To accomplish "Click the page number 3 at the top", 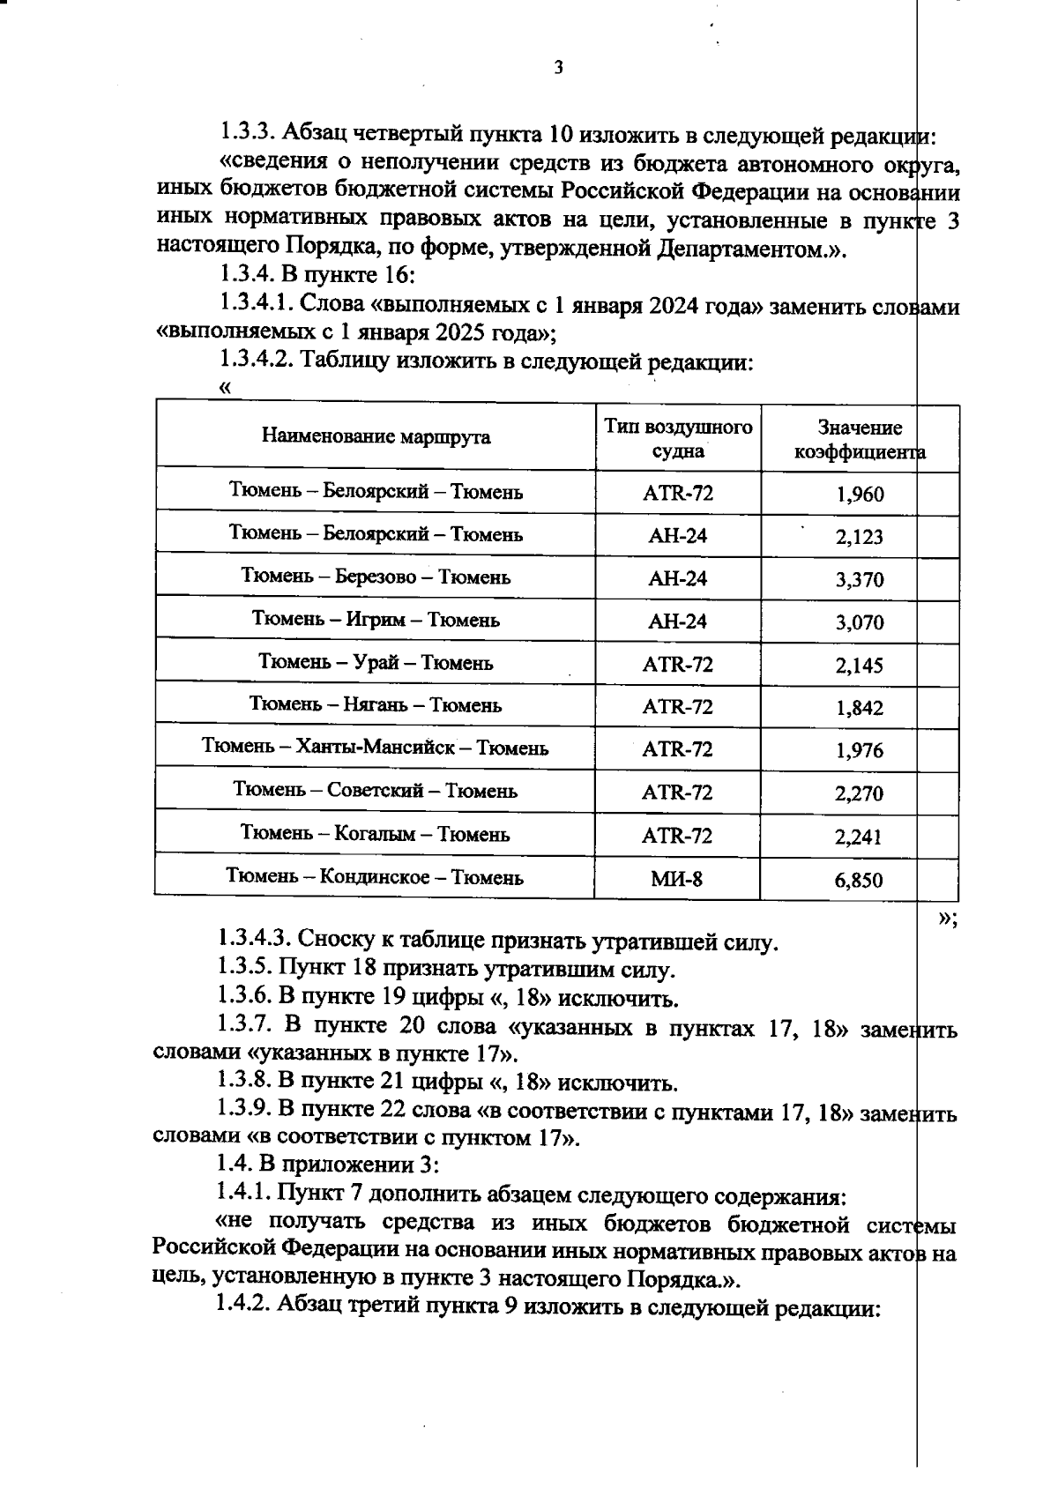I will [x=557, y=68].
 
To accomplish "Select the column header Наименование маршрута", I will [x=376, y=436].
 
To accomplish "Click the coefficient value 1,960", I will [x=860, y=494].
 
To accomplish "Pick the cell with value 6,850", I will [x=859, y=880].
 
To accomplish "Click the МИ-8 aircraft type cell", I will [x=677, y=878].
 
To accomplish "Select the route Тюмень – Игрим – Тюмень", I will [x=376, y=620].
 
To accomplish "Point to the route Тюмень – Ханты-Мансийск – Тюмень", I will [x=376, y=748].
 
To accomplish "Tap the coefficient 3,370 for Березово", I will [x=860, y=579].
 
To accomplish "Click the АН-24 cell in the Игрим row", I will [x=677, y=621].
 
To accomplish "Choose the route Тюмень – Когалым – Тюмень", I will [x=376, y=833].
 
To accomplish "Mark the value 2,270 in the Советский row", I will [x=860, y=793].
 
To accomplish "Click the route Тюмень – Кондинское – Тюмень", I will [x=376, y=877].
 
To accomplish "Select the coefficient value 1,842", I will [x=860, y=708].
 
